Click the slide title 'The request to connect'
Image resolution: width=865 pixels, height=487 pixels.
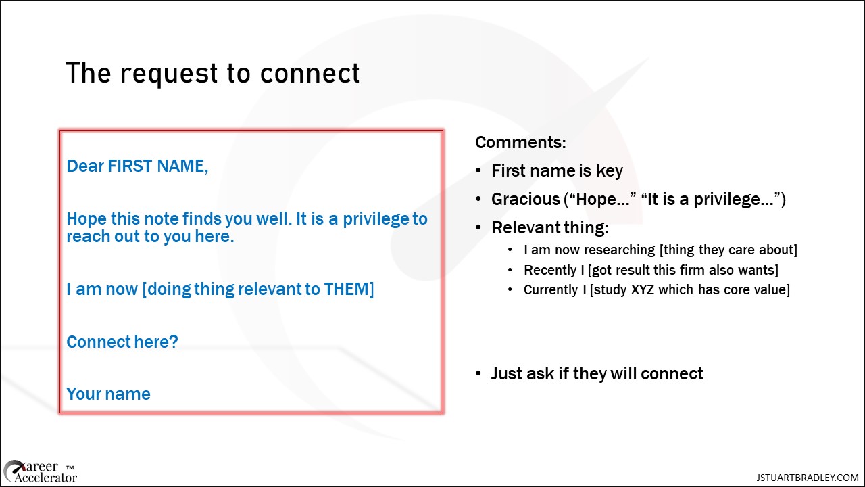coord(212,74)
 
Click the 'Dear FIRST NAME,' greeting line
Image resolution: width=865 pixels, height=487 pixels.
coord(137,166)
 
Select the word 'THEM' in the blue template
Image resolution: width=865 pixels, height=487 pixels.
coord(346,289)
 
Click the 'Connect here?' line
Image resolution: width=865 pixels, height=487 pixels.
coord(122,342)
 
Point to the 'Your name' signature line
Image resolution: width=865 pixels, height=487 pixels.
coord(109,394)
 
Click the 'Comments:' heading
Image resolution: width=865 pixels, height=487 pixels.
coord(520,142)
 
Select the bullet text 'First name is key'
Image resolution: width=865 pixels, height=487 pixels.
coord(557,171)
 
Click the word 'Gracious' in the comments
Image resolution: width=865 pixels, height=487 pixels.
coord(525,200)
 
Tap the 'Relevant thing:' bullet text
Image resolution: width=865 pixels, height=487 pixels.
coord(550,228)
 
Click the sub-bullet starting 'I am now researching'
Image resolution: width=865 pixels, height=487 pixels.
coord(660,250)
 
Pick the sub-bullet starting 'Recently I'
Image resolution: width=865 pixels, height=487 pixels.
coord(651,270)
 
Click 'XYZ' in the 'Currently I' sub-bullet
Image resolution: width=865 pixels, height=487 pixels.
coord(642,289)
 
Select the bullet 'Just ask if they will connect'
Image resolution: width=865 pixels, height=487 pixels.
coord(597,374)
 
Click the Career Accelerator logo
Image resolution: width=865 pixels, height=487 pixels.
coord(40,472)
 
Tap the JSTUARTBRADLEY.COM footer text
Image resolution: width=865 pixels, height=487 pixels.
coord(808,478)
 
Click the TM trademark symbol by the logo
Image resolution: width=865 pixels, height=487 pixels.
coord(70,467)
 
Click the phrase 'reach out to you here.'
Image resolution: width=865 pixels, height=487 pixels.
coord(150,237)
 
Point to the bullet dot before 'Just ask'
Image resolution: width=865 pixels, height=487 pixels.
coord(478,374)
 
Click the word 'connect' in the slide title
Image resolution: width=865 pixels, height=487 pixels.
coord(310,74)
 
